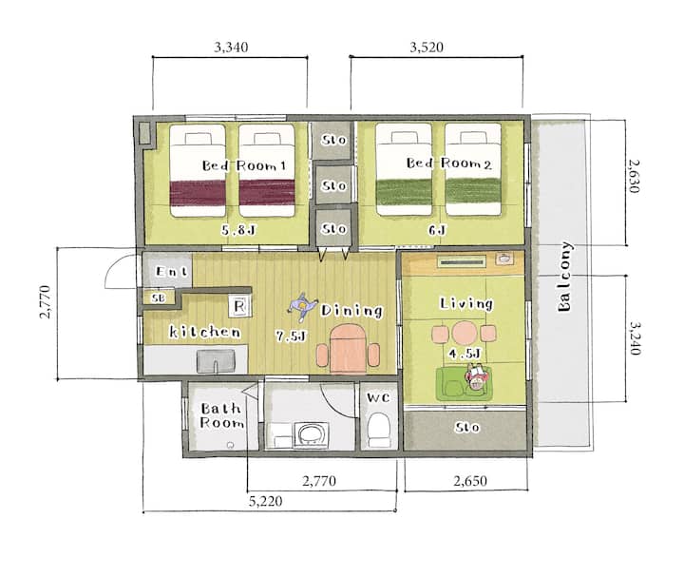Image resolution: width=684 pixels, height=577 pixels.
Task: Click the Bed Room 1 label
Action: pos(244,165)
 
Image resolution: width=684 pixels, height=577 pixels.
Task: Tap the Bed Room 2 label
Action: pos(448,163)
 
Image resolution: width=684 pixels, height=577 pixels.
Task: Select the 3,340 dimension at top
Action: pos(231,48)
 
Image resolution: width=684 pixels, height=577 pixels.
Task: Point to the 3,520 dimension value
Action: pos(427,48)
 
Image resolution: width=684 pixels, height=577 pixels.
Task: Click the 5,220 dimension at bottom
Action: pos(266,501)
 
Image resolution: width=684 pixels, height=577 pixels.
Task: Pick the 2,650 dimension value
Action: pos(470,481)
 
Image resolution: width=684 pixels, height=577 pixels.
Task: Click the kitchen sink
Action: pos(216,361)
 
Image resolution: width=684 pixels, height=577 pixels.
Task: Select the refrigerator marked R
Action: pos(240,305)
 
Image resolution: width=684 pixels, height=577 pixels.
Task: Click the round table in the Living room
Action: pos(464,333)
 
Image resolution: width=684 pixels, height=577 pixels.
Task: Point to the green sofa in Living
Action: pos(464,384)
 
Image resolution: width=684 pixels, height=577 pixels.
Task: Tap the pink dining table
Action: pos(348,349)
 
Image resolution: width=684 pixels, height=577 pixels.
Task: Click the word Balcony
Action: pos(564,277)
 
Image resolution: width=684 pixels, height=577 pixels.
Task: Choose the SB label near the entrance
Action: pos(158,298)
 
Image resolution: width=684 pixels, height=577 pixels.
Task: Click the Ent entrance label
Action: pos(171,272)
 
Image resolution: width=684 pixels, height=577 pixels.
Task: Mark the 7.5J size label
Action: pos(291,336)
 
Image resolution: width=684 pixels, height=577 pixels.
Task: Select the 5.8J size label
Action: pos(237,230)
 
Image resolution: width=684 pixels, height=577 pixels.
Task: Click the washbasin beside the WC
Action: pos(311,434)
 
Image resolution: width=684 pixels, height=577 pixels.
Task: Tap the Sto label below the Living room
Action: pos(466,427)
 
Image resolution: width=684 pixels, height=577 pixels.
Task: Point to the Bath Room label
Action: pos(221,415)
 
